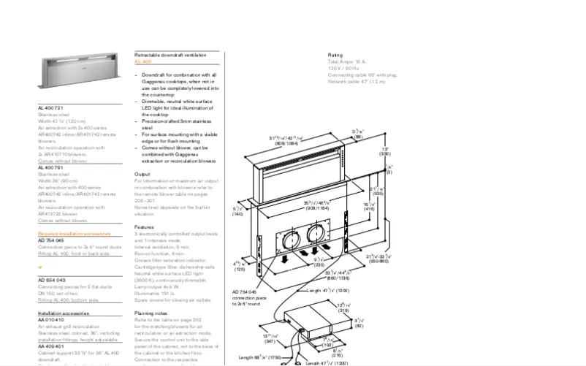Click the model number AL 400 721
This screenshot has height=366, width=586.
(x=51, y=107)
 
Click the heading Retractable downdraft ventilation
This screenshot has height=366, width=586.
(x=176, y=56)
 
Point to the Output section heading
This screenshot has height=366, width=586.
(x=142, y=174)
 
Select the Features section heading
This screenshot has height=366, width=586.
(x=145, y=226)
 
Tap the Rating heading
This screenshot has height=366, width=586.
(x=335, y=55)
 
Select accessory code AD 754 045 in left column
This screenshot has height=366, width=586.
(x=51, y=240)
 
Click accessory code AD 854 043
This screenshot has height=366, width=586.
(x=51, y=280)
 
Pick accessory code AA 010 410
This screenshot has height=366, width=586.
(x=51, y=319)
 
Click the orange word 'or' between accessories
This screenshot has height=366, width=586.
(x=40, y=267)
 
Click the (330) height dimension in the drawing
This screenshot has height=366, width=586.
(x=384, y=154)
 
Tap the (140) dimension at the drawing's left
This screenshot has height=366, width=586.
(x=237, y=215)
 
